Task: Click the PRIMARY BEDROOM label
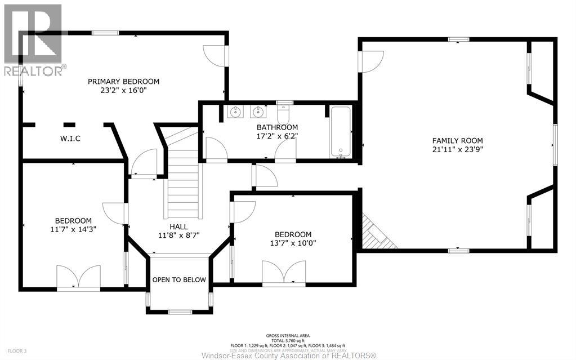pos(123,82)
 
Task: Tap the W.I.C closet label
pos(70,139)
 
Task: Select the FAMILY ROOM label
pos(457,141)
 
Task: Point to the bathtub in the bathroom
pos(341,132)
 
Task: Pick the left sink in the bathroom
pos(235,112)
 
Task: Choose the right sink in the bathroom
pos(258,112)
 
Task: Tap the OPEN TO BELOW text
pos(180,280)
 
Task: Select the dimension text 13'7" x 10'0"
pos(293,243)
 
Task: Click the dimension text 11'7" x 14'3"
pos(73,229)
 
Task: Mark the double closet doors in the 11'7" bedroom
pos(78,277)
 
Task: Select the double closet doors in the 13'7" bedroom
pos(284,273)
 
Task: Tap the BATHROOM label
pos(277,127)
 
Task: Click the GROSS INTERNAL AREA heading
pos(288,335)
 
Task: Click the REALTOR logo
pos(33,39)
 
